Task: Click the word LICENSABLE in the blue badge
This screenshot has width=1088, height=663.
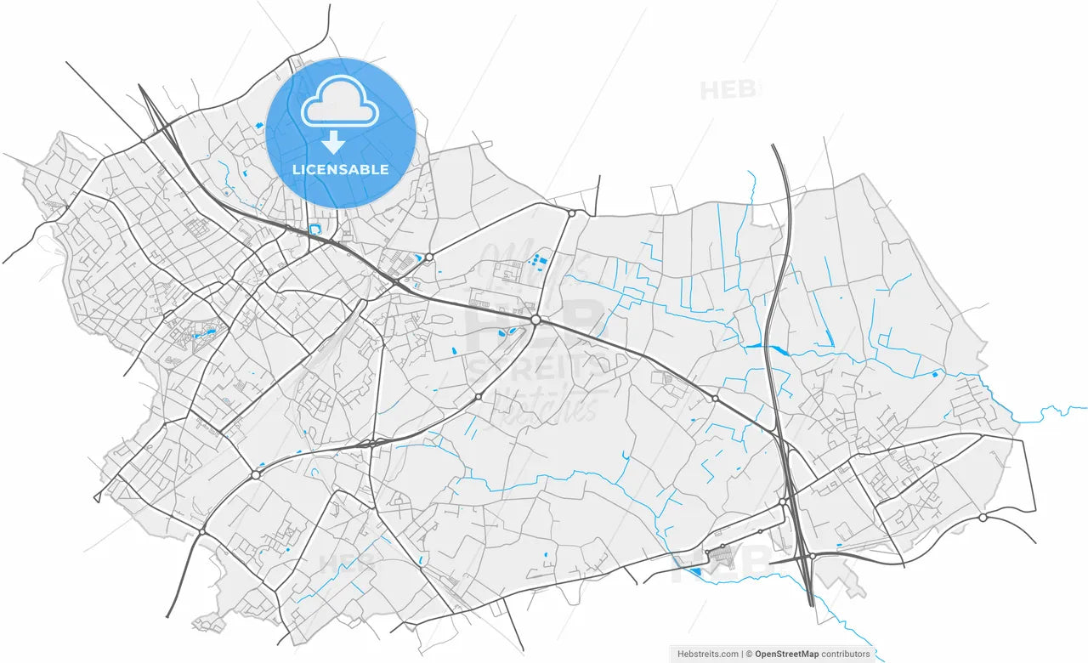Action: (340, 169)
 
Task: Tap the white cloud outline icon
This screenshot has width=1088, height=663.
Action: (340, 101)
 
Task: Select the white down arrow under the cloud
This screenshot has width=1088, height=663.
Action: (333, 141)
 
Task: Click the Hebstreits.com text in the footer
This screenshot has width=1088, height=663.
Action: (707, 654)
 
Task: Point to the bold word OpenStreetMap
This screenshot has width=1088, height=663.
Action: (786, 654)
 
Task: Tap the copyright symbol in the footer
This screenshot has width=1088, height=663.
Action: (748, 654)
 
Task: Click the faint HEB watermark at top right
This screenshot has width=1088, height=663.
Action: (729, 90)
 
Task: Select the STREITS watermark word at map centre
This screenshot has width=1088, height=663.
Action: (535, 367)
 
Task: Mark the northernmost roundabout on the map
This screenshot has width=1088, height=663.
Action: (572, 213)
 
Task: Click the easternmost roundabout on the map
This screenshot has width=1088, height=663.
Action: (983, 517)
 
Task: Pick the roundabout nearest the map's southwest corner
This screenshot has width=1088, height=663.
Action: (202, 532)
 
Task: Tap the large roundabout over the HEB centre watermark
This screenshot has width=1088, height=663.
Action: (535, 320)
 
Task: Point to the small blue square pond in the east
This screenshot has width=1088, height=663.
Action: (935, 374)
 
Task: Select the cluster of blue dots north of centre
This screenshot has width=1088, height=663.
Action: (538, 258)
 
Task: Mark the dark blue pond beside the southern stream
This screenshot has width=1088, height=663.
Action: (696, 572)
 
